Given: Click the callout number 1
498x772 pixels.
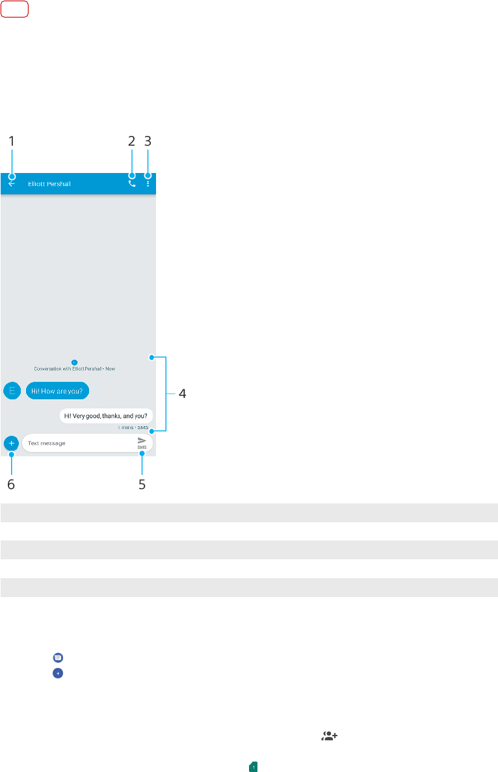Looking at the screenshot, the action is point(11,140).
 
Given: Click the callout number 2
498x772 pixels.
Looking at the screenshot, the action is point(131,140).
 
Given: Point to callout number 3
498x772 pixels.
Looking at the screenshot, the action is point(148,140).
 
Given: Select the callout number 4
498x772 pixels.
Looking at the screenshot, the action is point(183,393).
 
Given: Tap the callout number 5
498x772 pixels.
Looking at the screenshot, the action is point(142,485).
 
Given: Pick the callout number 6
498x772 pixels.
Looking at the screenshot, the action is point(11,485).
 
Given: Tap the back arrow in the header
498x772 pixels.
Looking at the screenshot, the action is point(11,184).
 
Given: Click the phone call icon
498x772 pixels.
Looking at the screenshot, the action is point(132,184).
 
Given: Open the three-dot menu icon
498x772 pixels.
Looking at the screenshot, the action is point(148,184).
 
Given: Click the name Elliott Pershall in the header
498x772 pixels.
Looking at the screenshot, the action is point(49,184).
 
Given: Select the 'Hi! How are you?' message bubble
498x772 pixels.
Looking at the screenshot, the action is point(58,390).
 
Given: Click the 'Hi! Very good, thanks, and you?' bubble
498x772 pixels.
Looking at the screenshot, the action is point(106,416).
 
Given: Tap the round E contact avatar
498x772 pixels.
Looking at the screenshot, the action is point(11,390).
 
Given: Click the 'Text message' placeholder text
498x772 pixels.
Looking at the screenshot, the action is point(47,443).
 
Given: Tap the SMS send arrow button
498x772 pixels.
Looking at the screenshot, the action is point(142,442).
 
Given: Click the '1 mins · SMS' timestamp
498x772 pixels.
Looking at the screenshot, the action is point(133,427).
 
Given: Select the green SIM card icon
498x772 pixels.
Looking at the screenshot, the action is point(254,767).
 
